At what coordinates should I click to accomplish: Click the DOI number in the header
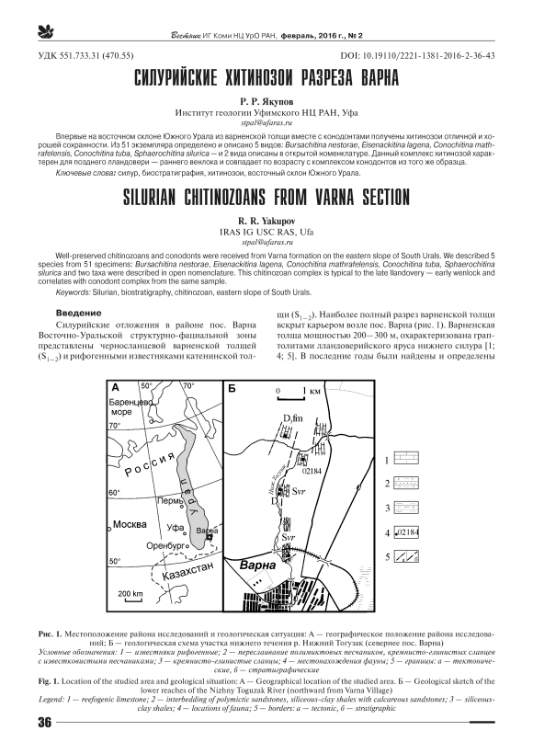tap(417, 56)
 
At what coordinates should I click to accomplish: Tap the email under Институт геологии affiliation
tap(266, 122)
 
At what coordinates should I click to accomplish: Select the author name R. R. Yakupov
tap(266, 222)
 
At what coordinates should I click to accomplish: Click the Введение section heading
tap(78, 313)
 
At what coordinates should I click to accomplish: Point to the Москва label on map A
tap(130, 524)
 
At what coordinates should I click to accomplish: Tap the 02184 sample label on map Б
tap(312, 471)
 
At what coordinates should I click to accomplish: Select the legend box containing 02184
tap(406, 532)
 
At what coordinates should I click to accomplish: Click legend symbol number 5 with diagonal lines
tap(406, 556)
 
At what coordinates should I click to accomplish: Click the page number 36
tap(44, 722)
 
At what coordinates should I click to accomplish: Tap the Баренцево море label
tap(130, 406)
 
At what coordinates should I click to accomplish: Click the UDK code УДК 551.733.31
tap(85, 56)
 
